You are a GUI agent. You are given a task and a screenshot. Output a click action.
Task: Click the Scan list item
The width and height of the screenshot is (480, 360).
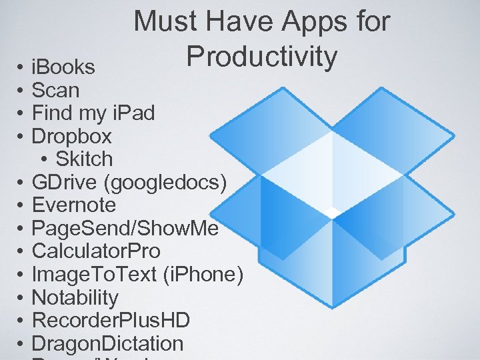coord(55,90)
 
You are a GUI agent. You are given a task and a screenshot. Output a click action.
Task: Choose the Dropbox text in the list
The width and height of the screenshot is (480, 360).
coord(72,136)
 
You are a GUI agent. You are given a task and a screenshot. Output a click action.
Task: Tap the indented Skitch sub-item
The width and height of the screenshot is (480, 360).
coord(84,159)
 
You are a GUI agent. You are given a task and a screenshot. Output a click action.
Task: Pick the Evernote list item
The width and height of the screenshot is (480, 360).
coord(73,205)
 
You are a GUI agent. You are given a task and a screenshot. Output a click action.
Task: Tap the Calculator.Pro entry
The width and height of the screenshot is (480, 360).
coord(96,251)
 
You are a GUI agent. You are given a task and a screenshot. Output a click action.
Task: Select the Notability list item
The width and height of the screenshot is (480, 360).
coord(75,297)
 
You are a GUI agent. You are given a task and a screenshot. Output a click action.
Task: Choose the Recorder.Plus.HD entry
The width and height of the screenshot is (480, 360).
coord(111,320)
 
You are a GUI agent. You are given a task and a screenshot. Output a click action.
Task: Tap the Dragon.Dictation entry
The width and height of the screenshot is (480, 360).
coord(107,343)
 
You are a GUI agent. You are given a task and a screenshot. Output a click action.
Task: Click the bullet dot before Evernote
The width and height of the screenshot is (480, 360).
coord(21,205)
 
